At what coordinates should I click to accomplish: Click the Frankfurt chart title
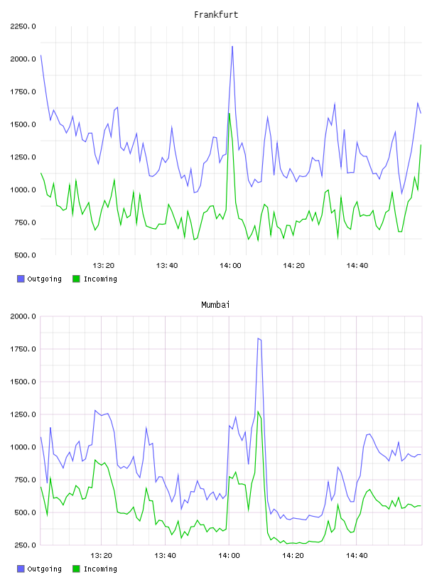(x=216, y=15)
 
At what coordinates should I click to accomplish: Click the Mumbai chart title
(x=215, y=305)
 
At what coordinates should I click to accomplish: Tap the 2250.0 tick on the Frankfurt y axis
(x=23, y=26)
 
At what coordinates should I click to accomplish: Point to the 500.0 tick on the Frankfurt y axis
(x=25, y=255)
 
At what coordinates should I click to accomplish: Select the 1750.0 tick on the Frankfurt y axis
(x=23, y=92)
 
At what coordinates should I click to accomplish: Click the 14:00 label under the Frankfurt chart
(x=230, y=266)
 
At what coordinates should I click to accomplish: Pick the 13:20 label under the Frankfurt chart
(x=103, y=266)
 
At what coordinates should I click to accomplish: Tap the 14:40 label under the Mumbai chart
(x=357, y=556)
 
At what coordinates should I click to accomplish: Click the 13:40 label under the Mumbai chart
(x=165, y=556)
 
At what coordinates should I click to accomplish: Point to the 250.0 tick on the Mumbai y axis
(x=25, y=545)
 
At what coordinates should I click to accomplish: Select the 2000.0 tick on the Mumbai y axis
(x=23, y=316)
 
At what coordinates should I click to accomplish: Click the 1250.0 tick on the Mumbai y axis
(x=23, y=414)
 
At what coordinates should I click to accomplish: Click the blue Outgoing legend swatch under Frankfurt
(x=21, y=279)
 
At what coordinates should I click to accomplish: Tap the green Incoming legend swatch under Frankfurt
(x=76, y=279)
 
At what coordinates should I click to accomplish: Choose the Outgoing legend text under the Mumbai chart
(x=44, y=569)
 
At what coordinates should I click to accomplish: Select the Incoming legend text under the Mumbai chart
(x=100, y=569)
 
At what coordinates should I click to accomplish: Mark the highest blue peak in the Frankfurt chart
(x=232, y=47)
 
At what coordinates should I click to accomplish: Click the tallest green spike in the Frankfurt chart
(x=229, y=113)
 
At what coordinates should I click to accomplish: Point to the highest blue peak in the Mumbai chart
(x=258, y=338)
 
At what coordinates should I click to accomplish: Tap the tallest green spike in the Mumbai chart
(x=258, y=412)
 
